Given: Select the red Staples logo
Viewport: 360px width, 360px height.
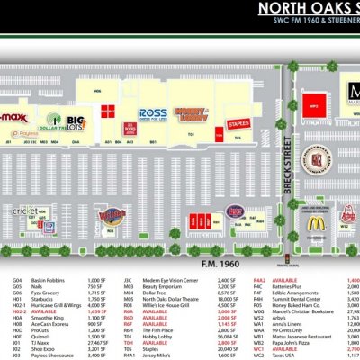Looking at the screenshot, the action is point(237,122).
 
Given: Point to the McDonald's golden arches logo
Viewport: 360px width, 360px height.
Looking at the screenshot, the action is point(316,222).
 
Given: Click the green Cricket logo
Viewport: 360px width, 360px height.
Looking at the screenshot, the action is point(26,210).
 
